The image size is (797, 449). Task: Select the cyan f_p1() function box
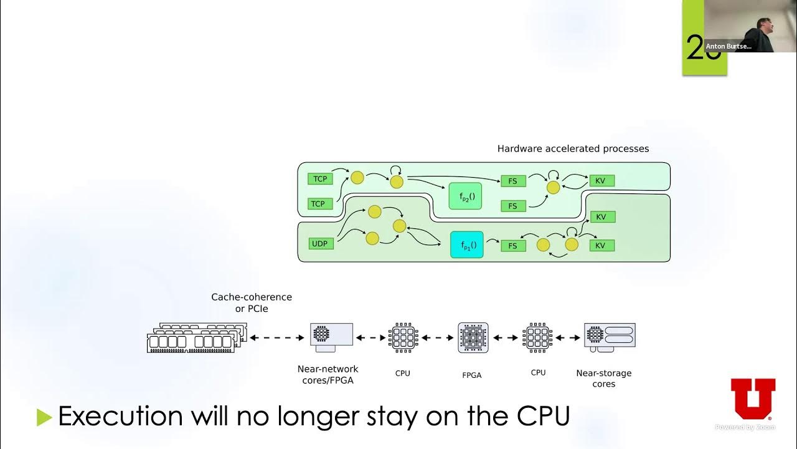467,245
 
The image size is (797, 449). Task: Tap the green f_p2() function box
466,196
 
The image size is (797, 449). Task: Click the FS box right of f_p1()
513,246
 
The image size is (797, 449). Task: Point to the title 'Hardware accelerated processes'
573,148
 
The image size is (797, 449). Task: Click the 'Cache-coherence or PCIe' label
252,302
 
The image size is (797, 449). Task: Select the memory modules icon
197,337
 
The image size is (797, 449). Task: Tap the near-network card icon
331,337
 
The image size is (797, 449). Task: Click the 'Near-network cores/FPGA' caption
328,374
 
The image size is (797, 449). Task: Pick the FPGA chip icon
473,337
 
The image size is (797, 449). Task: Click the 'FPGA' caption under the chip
472,375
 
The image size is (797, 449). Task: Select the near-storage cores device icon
610,337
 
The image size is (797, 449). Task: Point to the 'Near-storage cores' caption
603,379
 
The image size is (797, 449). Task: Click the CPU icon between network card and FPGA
403,337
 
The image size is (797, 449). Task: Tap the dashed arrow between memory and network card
277,338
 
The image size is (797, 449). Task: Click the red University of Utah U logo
753,399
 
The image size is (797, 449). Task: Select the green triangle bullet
44,417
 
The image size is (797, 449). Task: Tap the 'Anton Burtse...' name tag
728,46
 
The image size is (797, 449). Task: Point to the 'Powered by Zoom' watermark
745,427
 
